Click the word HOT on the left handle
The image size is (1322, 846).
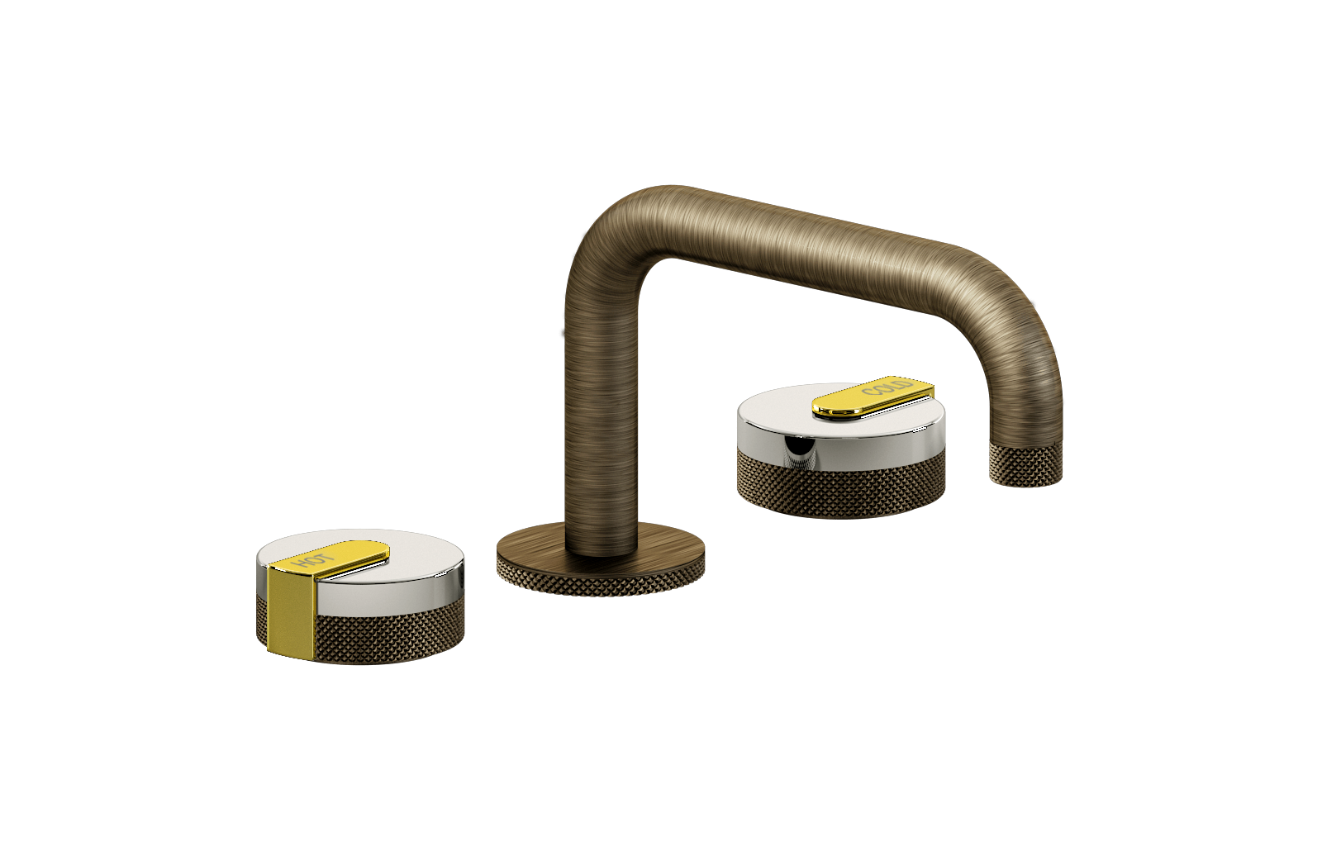pyautogui.click(x=313, y=560)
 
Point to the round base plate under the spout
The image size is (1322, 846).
pyautogui.click(x=601, y=558)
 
